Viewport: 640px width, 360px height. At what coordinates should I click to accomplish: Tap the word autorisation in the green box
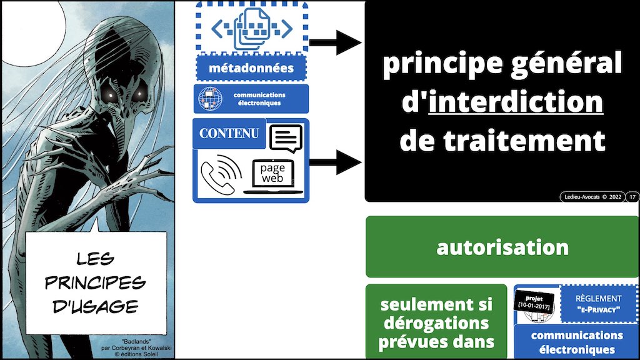502,247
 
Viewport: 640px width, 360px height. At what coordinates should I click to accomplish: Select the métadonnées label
252,68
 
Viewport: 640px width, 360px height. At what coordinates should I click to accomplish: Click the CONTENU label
228,134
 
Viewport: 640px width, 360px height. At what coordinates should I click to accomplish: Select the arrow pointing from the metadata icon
335,42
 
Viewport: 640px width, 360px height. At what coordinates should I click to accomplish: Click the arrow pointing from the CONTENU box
335,162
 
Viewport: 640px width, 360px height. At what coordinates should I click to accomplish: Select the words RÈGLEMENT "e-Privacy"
599,304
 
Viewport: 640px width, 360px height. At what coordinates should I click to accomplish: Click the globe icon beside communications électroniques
207,99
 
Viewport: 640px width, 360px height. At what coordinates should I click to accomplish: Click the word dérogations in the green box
436,324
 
